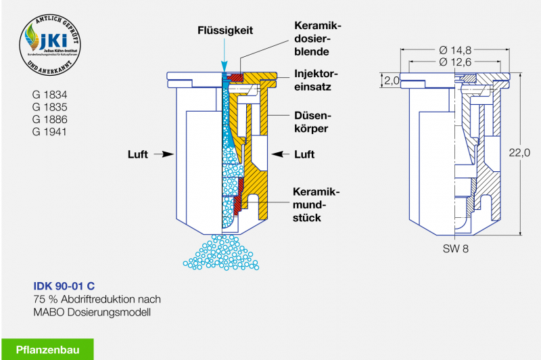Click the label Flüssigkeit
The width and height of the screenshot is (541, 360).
point(225,30)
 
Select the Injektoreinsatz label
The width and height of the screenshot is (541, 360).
point(317,80)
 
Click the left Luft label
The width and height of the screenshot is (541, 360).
point(138,154)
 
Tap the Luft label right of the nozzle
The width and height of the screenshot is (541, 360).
point(304,154)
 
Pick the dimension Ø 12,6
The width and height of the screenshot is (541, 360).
point(456,62)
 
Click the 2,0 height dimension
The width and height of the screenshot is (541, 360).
point(392,80)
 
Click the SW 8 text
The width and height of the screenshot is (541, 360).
point(456,248)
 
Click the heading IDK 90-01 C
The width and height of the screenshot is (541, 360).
point(64,286)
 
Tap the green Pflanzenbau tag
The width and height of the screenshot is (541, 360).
point(47,349)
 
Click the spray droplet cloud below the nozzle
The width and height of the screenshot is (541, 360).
point(222,253)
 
